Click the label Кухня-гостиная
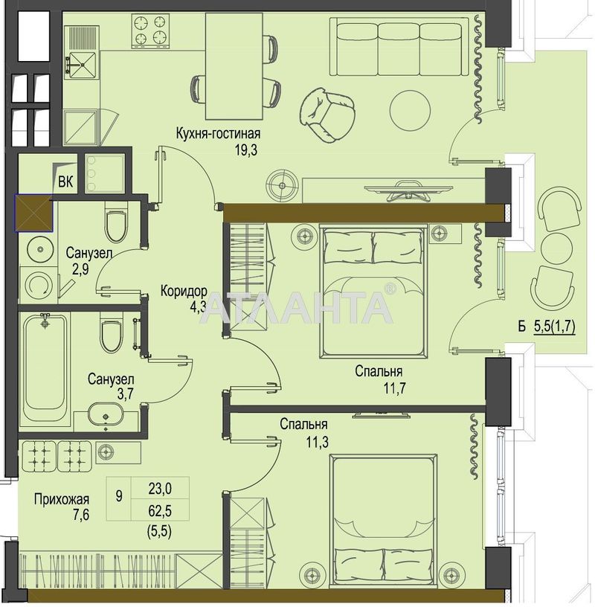[217, 134]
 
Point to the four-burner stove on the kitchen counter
[149, 30]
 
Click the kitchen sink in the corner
[81, 65]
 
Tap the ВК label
[65, 182]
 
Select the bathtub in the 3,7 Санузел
[46, 367]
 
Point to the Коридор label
[182, 290]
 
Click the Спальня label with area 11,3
[303, 424]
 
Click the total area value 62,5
[159, 512]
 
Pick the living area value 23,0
[159, 489]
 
